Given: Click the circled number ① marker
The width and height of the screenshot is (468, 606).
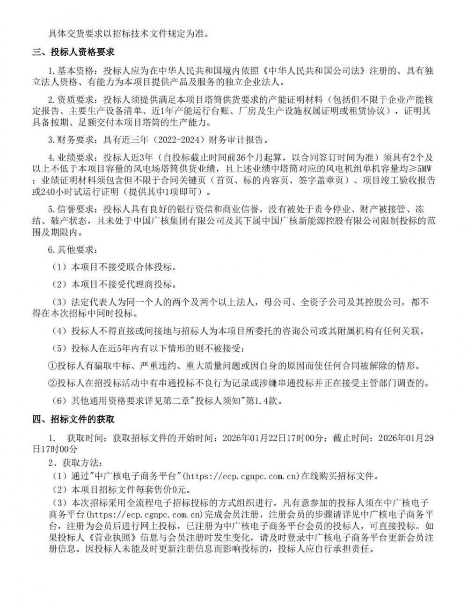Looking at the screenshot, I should point(52,365).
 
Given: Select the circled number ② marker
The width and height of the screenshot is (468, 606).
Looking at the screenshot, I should point(52,383).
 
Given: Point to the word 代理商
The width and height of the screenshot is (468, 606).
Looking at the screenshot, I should point(143,284).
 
